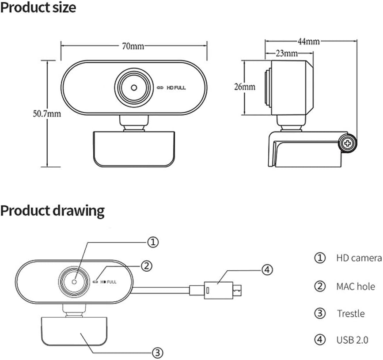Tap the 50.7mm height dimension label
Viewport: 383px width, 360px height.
coord(46,114)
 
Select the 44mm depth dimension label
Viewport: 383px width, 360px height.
coord(308,42)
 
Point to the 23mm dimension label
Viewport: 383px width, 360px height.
coord(286,54)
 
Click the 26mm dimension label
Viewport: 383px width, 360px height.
coord(244,87)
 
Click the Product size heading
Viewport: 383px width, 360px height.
coord(38,8)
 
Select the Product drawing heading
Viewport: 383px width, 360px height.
coord(52,211)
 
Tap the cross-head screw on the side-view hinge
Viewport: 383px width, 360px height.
coord(349,143)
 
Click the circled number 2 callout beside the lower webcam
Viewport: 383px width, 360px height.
coord(147,265)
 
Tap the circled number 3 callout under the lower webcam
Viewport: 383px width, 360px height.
coord(158,352)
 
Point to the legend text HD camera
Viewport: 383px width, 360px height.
coord(358,258)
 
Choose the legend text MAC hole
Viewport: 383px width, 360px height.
coord(355,286)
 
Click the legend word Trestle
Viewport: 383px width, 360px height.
coord(351,314)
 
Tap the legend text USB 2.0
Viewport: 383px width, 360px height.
coord(352,340)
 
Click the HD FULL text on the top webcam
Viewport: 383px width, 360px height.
coord(176,88)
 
